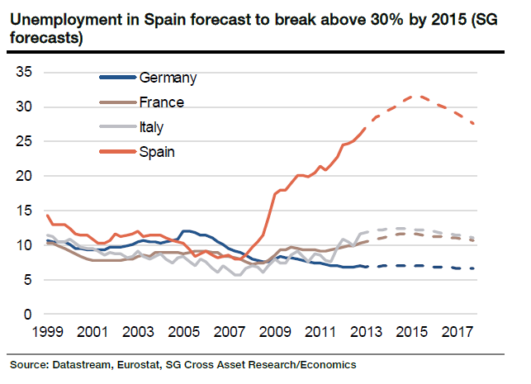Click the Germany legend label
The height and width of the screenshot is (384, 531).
pos(168,78)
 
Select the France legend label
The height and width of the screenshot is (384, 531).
pos(162,102)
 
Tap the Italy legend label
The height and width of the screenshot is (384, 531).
pos(153,127)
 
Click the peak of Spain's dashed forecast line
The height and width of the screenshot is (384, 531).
pos(420,97)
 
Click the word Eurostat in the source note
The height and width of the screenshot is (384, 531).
pos(134,364)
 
